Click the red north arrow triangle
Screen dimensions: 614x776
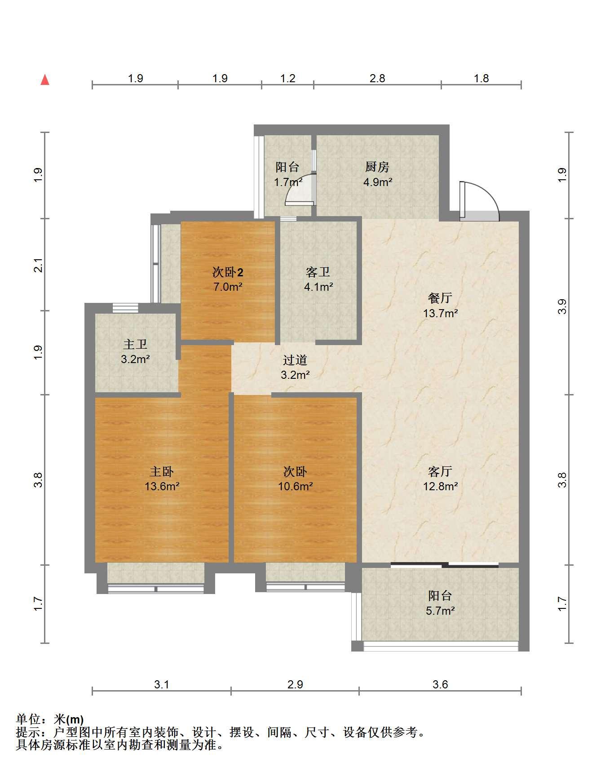tap(45, 80)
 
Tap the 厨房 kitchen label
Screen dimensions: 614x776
tap(377, 167)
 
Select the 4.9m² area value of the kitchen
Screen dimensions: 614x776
tap(378, 182)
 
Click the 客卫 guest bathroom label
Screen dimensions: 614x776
tap(318, 272)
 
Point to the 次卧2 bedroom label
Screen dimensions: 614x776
tap(228, 272)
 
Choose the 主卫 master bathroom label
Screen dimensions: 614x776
tap(135, 345)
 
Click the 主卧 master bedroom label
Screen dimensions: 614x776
tap(162, 471)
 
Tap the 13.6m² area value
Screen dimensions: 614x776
tap(162, 486)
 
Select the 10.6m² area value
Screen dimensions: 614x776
tap(295, 486)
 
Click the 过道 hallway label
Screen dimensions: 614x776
tap(295, 360)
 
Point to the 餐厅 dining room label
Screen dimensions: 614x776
tap(440, 298)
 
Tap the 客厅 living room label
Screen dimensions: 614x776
tap(440, 471)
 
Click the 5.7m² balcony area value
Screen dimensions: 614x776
tap(441, 611)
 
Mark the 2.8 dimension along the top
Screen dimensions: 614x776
tap(377, 79)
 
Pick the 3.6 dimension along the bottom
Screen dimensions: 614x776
tap(440, 684)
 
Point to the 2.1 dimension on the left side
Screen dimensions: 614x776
tap(39, 265)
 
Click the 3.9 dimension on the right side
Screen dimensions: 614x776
tap(562, 306)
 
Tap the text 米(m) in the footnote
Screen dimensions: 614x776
tap(69, 720)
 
